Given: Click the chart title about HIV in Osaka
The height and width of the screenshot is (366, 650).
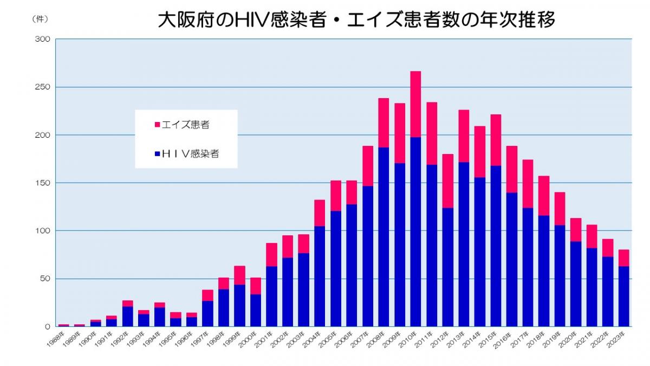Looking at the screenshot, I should pyautogui.click(x=356, y=20).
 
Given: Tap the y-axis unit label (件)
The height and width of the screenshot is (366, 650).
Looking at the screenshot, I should pyautogui.click(x=40, y=19).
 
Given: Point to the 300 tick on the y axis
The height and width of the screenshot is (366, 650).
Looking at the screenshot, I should pyautogui.click(x=43, y=40).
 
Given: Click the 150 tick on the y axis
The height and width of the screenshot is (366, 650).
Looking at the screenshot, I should pyautogui.click(x=43, y=183).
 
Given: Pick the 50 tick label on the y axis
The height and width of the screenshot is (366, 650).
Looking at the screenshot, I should pyautogui.click(x=45, y=279).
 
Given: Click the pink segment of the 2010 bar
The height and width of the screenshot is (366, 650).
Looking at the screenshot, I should pyautogui.click(x=415, y=104).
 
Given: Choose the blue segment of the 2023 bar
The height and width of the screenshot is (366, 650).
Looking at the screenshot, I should pyautogui.click(x=623, y=296).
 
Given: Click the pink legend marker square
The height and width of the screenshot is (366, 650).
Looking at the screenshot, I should pyautogui.click(x=157, y=125).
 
